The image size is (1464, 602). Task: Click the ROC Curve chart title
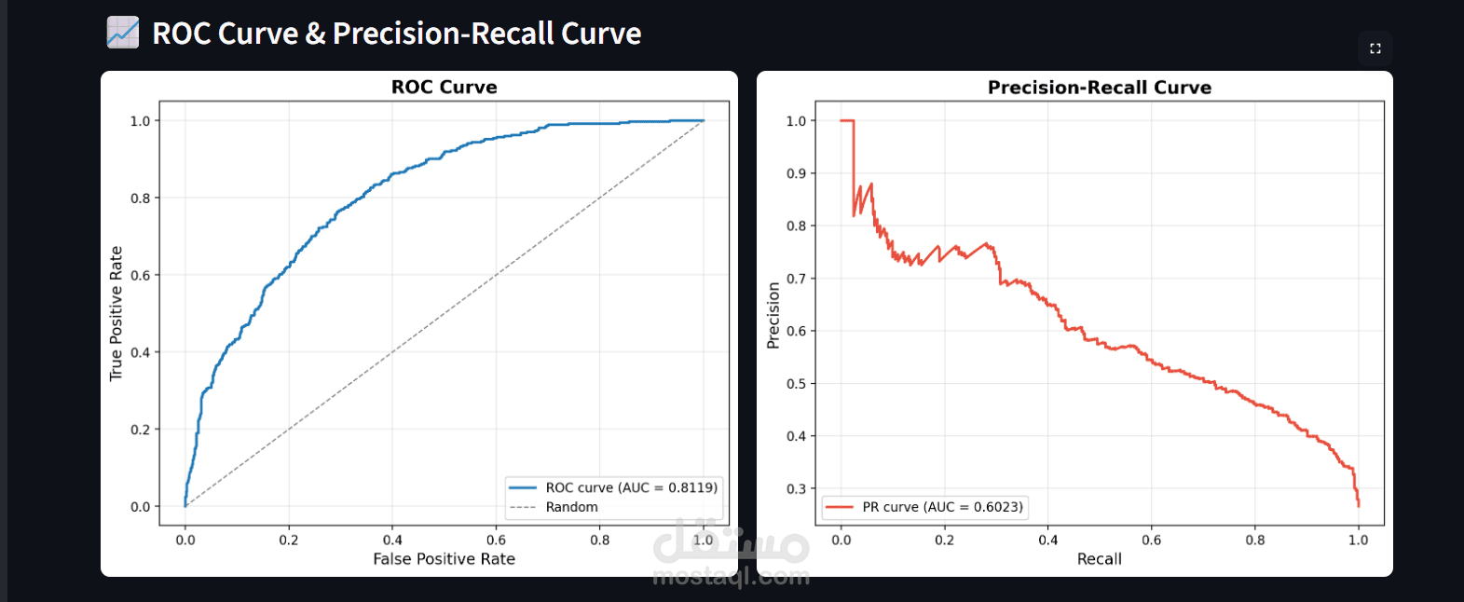(x=444, y=88)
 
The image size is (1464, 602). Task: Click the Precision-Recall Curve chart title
(x=1099, y=88)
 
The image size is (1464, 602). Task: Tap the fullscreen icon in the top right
(x=1375, y=48)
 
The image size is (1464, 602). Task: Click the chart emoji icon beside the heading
(x=122, y=33)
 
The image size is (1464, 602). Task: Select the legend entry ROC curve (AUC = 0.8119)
(x=631, y=487)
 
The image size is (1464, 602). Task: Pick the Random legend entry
(x=571, y=507)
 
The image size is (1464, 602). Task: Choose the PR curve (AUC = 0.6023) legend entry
(x=941, y=507)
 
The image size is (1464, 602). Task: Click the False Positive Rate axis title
(x=444, y=559)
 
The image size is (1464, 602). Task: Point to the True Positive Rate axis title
(x=116, y=313)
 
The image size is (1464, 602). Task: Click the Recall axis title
(x=1099, y=559)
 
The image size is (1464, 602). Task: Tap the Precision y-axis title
(x=773, y=315)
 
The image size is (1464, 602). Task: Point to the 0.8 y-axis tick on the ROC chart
(x=140, y=198)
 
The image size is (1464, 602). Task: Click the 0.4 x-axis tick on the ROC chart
(x=392, y=540)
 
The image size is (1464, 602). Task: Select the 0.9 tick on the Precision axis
(x=796, y=173)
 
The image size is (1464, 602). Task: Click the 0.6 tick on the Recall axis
(x=1151, y=540)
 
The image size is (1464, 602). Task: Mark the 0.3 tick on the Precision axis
(x=796, y=488)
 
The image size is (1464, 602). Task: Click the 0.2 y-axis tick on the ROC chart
(x=140, y=430)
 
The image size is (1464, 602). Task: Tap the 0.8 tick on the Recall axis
(x=1254, y=540)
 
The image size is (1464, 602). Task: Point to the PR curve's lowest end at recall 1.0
(x=1358, y=505)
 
